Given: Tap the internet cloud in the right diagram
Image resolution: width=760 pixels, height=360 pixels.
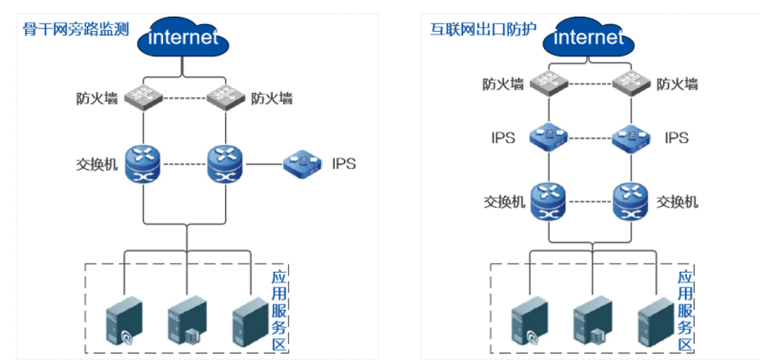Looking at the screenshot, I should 589,38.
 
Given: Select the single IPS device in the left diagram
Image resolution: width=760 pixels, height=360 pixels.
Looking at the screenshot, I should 303,162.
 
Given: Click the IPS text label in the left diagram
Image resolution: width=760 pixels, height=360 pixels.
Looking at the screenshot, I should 344,163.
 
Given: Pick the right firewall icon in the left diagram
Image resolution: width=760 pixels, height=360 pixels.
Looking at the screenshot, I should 223,98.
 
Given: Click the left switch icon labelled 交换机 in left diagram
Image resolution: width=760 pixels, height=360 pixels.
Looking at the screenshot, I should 143,162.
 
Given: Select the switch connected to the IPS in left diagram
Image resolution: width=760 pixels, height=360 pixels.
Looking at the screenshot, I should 223,162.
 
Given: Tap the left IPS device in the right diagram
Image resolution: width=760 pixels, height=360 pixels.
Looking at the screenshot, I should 549,137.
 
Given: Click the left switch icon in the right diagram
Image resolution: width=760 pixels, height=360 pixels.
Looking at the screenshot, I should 549,202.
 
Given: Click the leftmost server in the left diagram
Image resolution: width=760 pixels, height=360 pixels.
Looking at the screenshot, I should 124,321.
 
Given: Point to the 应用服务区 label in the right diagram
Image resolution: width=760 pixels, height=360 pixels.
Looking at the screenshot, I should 684,311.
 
